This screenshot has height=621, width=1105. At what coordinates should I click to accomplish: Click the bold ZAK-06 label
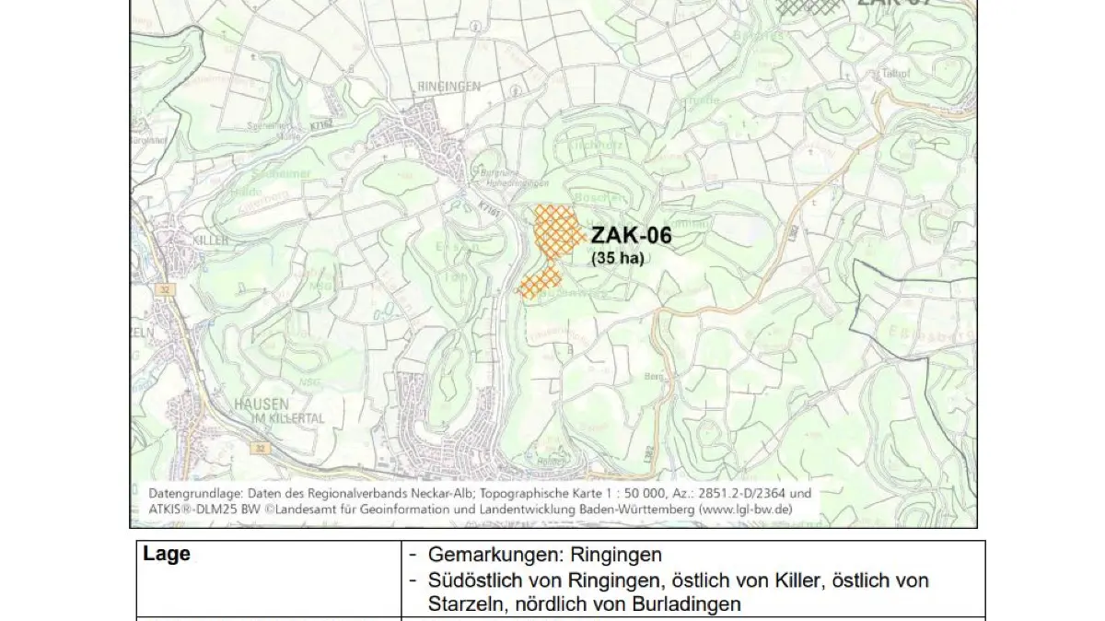[631, 236]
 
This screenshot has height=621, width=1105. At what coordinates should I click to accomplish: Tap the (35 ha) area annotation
[617, 258]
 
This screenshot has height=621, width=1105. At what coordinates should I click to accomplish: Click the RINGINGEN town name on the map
[449, 86]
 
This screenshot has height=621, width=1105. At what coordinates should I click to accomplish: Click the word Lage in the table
[167, 554]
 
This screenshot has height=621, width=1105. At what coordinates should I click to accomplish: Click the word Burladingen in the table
[695, 604]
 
